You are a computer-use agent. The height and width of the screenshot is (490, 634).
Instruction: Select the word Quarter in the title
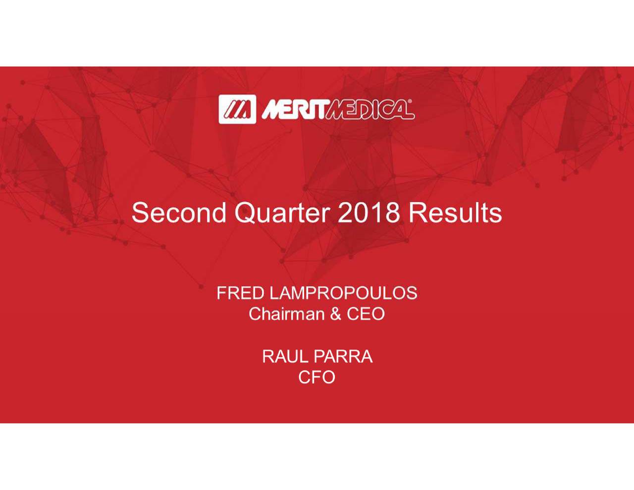tap(282, 213)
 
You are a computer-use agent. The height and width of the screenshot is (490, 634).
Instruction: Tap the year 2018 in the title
tap(369, 213)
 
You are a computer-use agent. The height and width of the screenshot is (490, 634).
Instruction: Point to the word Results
tap(455, 213)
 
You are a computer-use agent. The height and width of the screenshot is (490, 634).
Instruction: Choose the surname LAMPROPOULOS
tap(343, 293)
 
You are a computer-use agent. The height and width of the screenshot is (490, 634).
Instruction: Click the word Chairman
tap(286, 314)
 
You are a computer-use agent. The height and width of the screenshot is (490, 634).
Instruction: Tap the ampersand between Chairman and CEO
tap(335, 314)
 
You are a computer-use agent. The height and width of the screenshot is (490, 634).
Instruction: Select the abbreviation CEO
tap(366, 314)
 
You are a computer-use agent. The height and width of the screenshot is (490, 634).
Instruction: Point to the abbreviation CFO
tap(317, 378)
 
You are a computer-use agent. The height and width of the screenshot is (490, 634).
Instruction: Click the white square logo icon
tap(237, 109)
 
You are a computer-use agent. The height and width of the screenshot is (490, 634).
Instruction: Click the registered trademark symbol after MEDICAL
tap(411, 102)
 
